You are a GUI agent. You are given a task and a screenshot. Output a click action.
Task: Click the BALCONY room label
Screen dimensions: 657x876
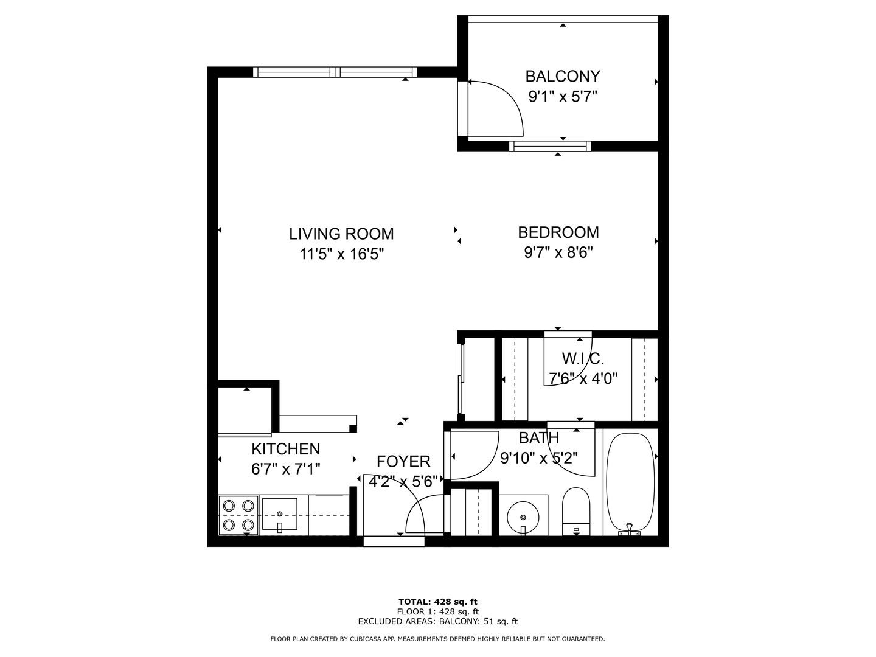click(562, 76)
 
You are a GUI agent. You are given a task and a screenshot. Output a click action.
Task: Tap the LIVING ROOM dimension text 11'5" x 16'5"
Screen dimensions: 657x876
click(341, 254)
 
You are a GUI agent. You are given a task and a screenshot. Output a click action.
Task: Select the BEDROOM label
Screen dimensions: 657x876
click(558, 232)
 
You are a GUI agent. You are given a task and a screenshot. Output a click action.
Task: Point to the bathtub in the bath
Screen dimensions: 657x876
click(630, 482)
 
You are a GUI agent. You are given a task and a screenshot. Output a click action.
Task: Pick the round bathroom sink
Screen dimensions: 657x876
click(523, 516)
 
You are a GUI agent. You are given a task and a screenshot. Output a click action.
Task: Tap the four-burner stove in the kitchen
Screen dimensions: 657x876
click(238, 515)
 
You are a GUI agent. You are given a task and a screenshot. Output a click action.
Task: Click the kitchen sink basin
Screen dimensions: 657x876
click(280, 513)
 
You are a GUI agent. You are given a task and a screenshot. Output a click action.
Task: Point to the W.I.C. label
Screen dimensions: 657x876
click(582, 358)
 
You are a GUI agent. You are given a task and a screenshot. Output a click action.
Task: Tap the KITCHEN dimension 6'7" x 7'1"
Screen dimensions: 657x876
click(285, 469)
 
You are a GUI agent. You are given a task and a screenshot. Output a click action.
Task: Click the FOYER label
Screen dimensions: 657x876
click(403, 461)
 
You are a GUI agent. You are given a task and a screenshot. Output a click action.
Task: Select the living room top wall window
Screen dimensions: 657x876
click(335, 72)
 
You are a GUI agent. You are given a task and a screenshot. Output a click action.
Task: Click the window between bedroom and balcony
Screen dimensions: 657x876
click(549, 146)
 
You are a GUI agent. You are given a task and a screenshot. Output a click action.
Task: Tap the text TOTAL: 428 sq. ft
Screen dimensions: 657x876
click(437, 602)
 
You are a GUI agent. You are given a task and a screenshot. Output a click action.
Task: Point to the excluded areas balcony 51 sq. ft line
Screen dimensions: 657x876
click(437, 621)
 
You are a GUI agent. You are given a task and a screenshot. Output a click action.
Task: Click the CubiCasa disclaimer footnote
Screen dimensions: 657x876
click(437, 639)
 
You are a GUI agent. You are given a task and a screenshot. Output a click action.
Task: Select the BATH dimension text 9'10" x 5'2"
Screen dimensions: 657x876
click(538, 457)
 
